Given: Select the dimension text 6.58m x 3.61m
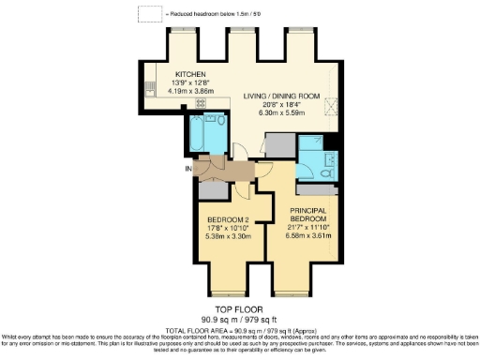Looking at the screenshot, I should pos(307,235).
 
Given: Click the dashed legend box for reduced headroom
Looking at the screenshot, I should pos(148,13).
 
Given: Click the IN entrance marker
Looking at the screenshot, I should pos(188,169).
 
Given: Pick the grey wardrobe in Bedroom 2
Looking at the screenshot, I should pos(213,188).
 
